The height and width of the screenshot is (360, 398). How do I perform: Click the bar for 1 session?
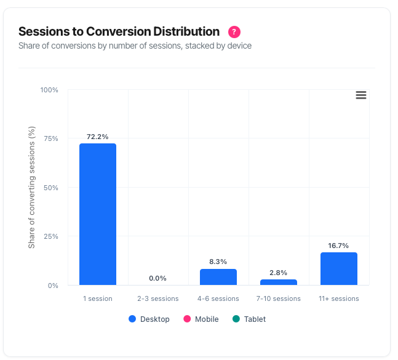[x=98, y=214]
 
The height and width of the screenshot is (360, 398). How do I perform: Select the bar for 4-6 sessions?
[x=218, y=277]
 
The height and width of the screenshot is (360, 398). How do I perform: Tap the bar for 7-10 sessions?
[x=279, y=282]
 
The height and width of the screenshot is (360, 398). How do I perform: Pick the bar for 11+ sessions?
[x=339, y=268]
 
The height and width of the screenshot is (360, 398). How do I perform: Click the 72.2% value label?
[x=98, y=137]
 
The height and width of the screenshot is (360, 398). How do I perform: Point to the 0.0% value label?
[x=158, y=278]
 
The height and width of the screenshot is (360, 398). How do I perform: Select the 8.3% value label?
[x=218, y=262]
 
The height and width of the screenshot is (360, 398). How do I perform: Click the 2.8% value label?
[x=279, y=273]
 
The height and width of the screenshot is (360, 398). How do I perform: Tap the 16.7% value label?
[x=339, y=246]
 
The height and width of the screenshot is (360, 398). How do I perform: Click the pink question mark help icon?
[x=234, y=32]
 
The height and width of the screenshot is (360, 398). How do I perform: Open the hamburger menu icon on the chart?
[x=361, y=95]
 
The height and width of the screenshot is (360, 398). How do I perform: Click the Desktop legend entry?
[x=149, y=319]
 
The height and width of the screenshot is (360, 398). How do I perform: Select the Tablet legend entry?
[x=250, y=319]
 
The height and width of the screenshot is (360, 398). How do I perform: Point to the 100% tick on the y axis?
[x=49, y=90]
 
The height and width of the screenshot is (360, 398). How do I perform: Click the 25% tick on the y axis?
[x=51, y=236]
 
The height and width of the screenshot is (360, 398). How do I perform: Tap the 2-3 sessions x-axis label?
[x=158, y=298]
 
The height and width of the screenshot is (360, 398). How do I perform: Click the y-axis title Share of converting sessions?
[x=32, y=188]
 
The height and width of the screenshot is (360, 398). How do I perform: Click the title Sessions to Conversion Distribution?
[x=119, y=31]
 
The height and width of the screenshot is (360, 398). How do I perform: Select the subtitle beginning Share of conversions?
[x=135, y=46]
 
